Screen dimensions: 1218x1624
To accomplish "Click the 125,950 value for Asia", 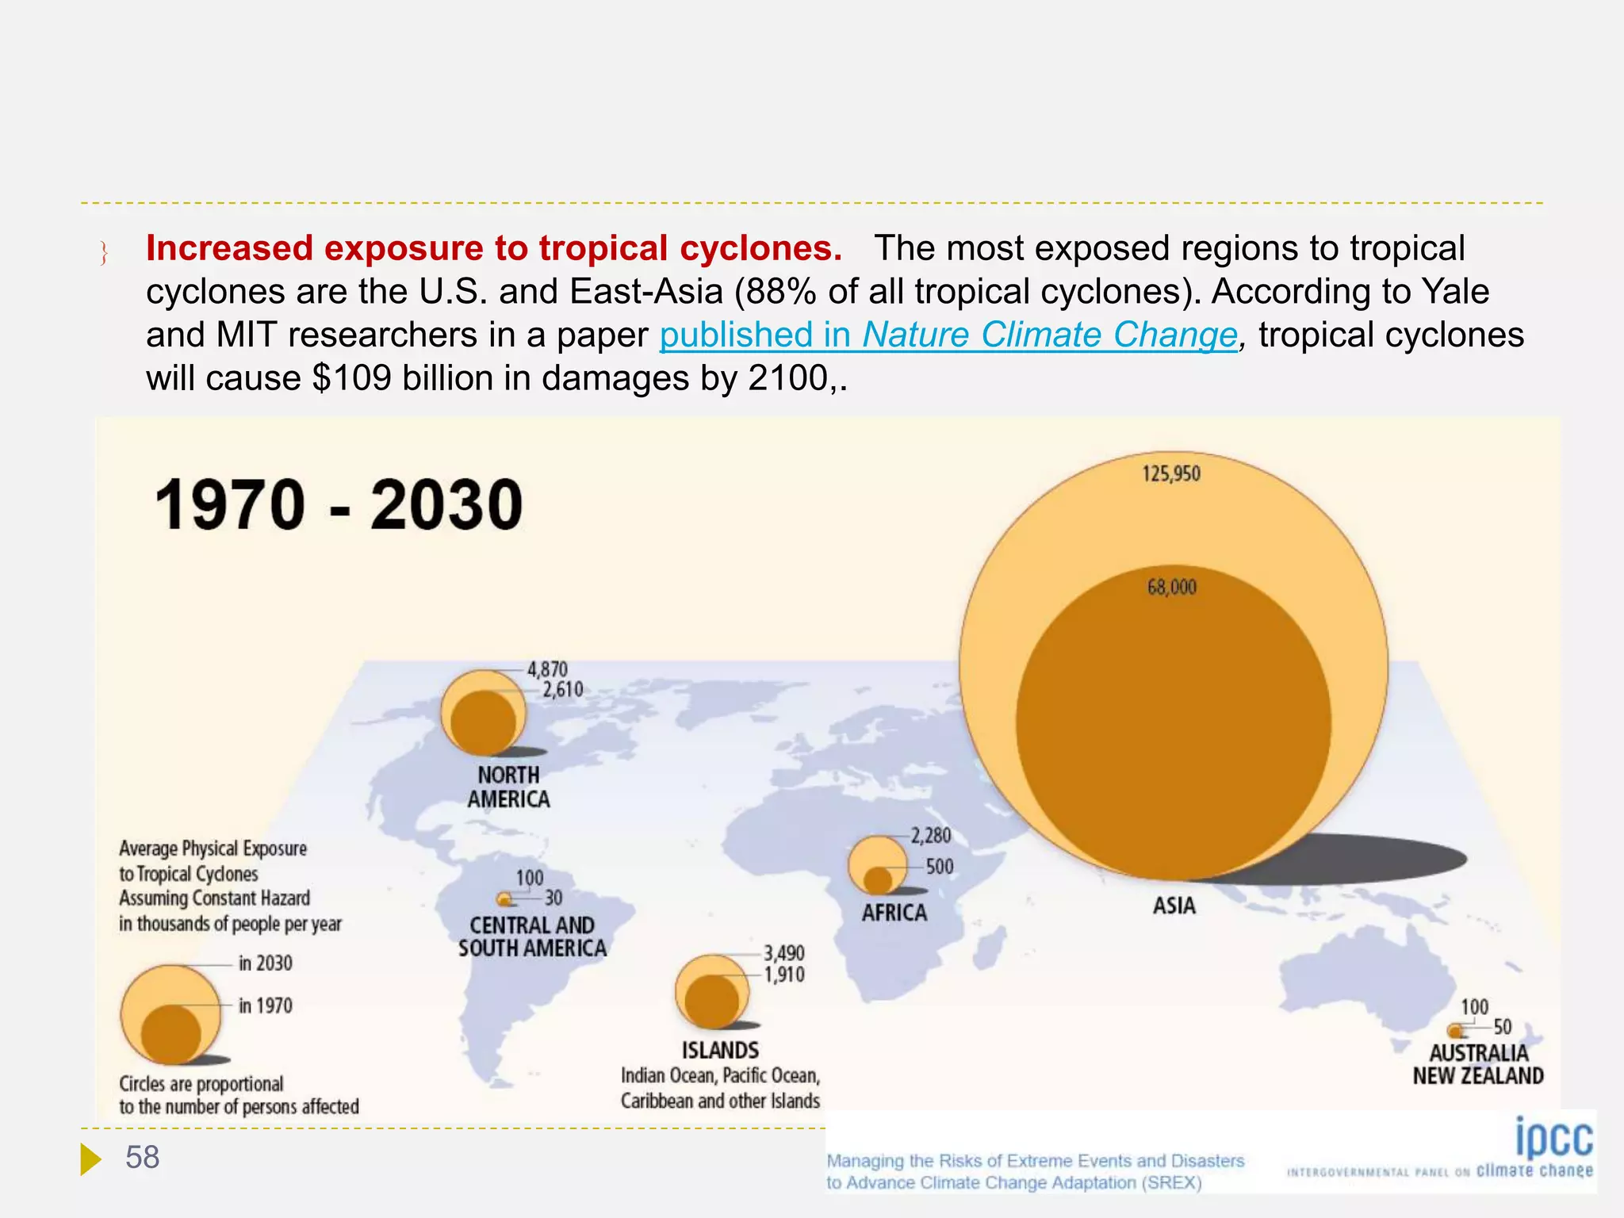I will click(1170, 474).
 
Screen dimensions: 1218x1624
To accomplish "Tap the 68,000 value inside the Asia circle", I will click(1171, 588).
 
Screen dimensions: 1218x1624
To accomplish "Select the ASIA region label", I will click(1174, 906).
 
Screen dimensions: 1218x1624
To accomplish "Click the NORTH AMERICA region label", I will click(508, 787).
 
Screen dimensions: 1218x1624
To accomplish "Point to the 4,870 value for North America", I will click(547, 669).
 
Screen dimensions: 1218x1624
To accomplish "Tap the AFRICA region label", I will click(894, 913).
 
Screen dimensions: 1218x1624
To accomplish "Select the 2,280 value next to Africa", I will click(930, 836).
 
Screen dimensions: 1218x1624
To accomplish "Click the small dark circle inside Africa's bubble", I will click(878, 880).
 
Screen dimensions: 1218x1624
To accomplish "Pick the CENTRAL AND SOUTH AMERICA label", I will click(532, 936).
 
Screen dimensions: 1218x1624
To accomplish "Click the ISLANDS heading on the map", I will click(720, 1051).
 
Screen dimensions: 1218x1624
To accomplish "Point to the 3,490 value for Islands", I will click(783, 953).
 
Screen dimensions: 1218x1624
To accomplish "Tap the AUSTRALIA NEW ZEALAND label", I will click(1478, 1064).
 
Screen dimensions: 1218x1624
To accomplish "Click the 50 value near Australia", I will click(1502, 1027).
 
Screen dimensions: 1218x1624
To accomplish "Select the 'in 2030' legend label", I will click(266, 963).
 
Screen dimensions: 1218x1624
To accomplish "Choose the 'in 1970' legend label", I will click(266, 1006).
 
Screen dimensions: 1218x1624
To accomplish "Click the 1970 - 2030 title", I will click(339, 505).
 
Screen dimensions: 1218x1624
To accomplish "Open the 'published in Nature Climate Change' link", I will click(948, 335).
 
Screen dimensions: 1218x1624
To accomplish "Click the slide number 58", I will click(142, 1158).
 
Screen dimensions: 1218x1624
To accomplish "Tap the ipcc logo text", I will click(1553, 1139).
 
